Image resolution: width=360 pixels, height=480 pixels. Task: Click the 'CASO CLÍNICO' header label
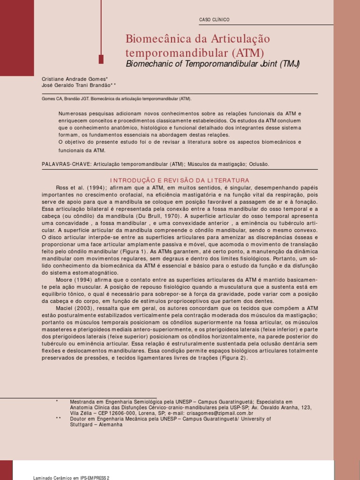[214, 20]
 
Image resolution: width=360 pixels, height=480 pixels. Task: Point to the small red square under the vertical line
[101, 59]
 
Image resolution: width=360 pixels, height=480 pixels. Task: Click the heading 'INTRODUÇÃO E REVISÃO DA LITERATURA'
[180, 180]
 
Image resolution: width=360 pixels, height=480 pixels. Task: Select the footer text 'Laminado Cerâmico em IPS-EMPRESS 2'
[72, 478]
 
